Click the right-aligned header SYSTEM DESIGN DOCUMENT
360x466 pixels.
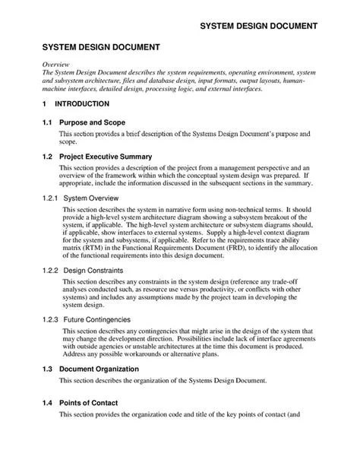click(258, 27)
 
